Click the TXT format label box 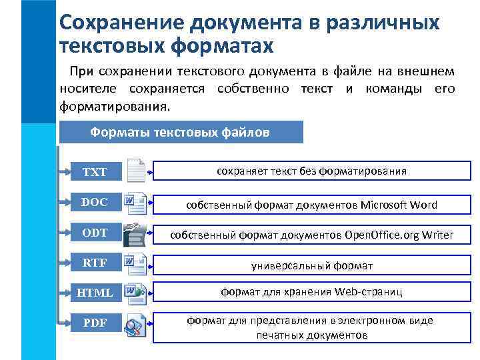pyautogui.click(x=95, y=172)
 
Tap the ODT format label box pyautogui.click(x=95, y=233)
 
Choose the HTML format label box pyautogui.click(x=95, y=293)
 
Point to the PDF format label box pyautogui.click(x=95, y=324)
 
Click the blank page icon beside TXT pyautogui.click(x=136, y=171)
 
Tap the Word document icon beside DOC pyautogui.click(x=136, y=201)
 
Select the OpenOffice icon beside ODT pyautogui.click(x=136, y=233)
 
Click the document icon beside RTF pyautogui.click(x=136, y=263)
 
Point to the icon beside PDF pyautogui.click(x=136, y=323)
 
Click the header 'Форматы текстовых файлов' pyautogui.click(x=180, y=132)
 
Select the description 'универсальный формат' pyautogui.click(x=312, y=265)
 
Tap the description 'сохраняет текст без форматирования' pyautogui.click(x=312, y=171)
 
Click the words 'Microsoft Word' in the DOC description pyautogui.click(x=399, y=205)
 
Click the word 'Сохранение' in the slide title pyautogui.click(x=120, y=23)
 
